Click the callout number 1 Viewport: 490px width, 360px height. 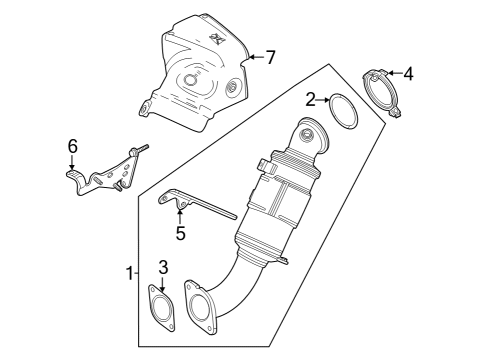[x=127, y=272]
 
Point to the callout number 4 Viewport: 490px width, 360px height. [x=408, y=74]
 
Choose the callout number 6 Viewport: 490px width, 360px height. [x=72, y=146]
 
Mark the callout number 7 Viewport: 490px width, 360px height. [x=269, y=57]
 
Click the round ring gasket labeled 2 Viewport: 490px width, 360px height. [x=342, y=111]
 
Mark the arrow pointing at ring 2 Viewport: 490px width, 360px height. [x=323, y=99]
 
